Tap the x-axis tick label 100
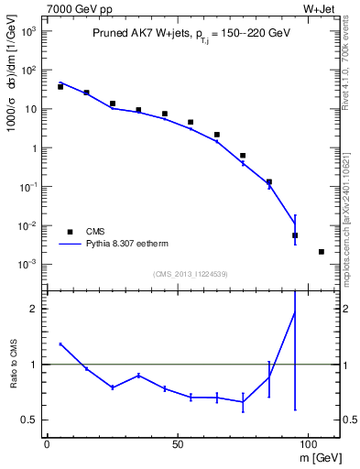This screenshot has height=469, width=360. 307,443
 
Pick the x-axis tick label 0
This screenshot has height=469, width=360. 47,443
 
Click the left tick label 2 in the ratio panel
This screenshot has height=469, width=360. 30,309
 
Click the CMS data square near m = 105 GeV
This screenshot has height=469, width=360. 321,252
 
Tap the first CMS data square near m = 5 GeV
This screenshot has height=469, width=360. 60,86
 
